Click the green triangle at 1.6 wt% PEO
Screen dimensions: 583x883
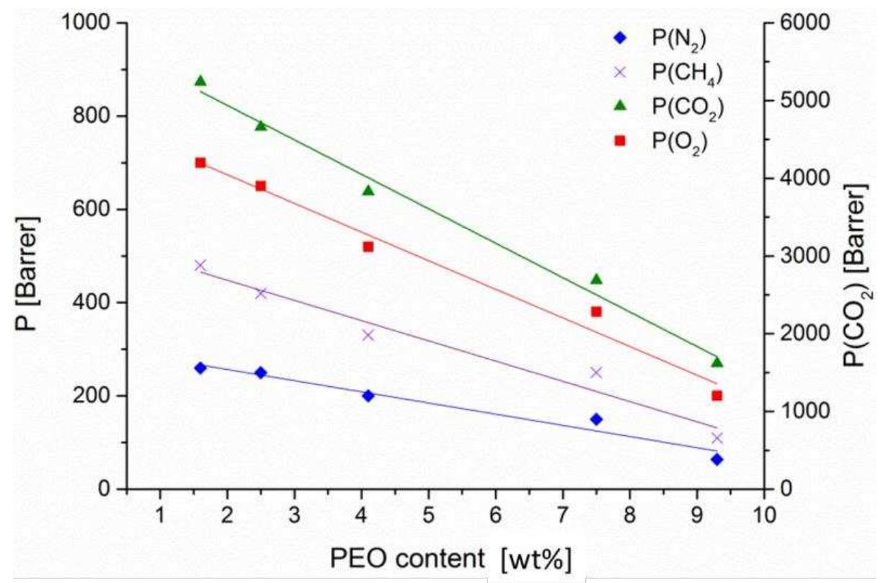[200, 81]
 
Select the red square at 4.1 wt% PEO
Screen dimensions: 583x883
[368, 246]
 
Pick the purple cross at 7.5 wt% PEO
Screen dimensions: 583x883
[596, 373]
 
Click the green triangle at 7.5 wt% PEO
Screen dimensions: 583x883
[596, 279]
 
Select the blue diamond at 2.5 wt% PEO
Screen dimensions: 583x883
[261, 373]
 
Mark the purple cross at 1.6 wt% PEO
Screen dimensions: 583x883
[200, 265]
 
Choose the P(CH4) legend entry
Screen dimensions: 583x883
[681, 74]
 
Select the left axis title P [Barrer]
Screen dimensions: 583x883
[29, 256]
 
